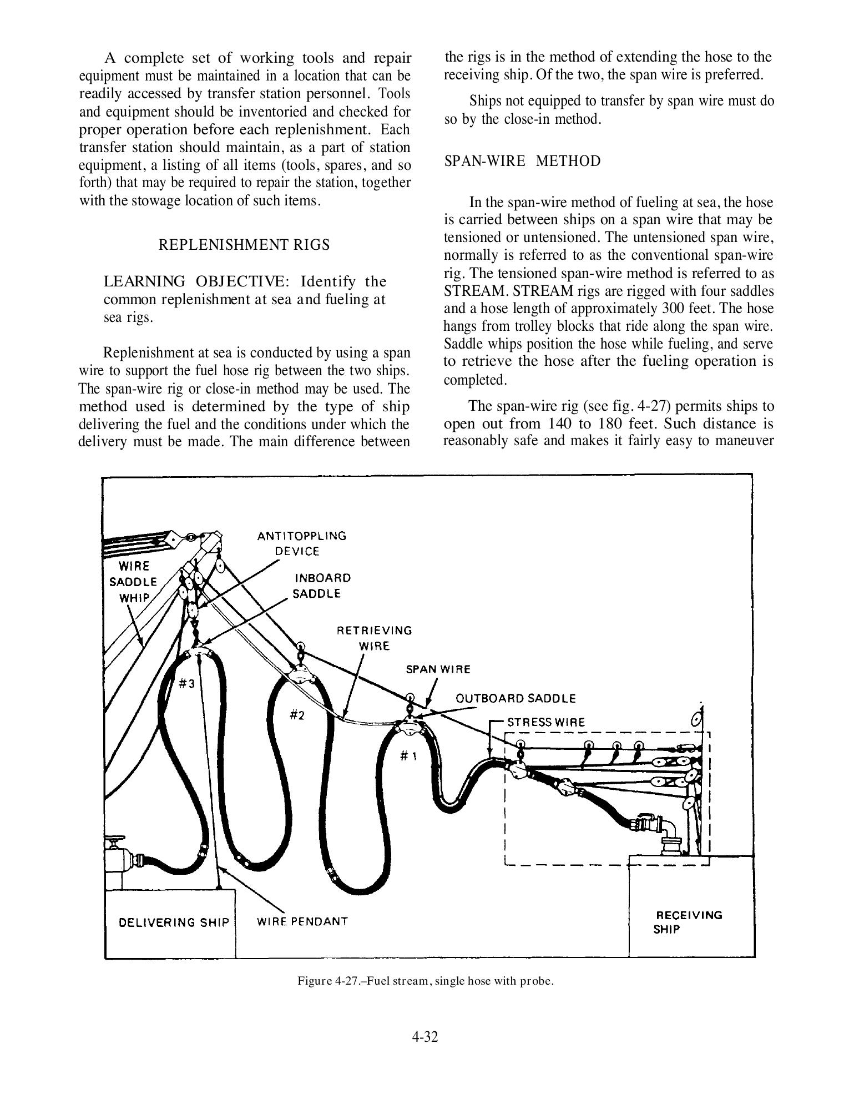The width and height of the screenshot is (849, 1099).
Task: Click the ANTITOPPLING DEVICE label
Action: point(301,543)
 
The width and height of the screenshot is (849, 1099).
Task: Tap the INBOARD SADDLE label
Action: point(322,586)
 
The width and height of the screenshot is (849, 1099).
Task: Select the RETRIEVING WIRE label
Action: point(375,638)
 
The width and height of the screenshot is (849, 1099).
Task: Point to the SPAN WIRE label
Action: point(438,669)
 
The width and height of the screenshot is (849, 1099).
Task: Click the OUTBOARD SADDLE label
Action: point(516,698)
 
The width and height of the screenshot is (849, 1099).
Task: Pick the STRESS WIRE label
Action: point(546,722)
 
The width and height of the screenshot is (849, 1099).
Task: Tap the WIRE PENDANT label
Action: point(302,921)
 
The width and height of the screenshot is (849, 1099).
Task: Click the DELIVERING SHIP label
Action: point(174,922)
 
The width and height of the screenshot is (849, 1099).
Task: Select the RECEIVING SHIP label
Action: point(689,922)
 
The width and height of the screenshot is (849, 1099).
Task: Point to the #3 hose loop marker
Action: point(186,684)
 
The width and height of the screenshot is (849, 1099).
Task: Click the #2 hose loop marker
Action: point(297,715)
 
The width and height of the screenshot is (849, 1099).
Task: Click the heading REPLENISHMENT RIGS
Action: point(244,245)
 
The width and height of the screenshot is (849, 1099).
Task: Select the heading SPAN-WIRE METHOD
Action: point(522,162)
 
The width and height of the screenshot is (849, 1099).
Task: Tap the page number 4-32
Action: point(424,1037)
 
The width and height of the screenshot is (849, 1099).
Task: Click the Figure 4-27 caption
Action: point(426,981)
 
